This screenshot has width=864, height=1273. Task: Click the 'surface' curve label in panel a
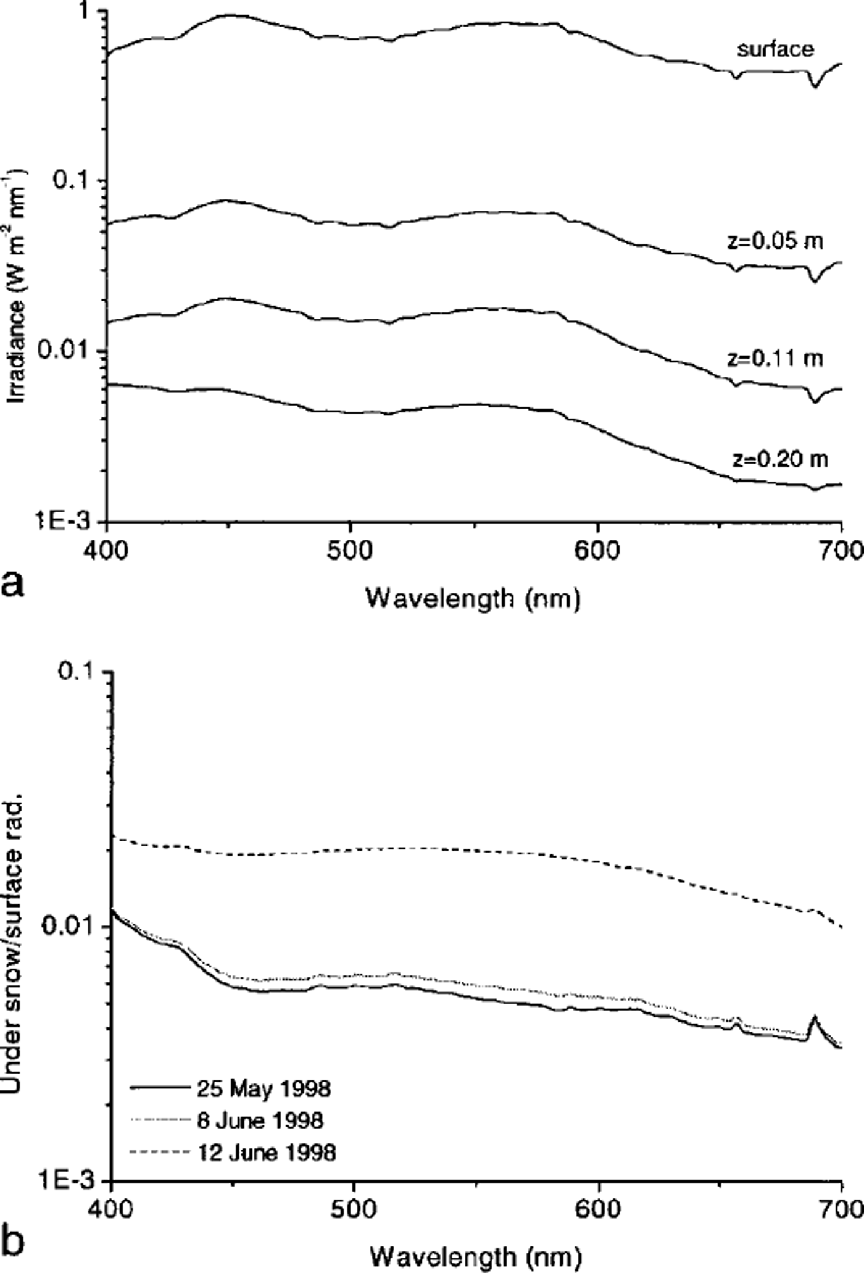pyautogui.click(x=775, y=49)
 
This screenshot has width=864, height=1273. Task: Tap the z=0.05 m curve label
pyautogui.click(x=775, y=241)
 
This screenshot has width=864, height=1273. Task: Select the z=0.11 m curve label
pyautogui.click(x=775, y=358)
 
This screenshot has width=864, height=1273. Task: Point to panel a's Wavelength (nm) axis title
pyautogui.click(x=473, y=598)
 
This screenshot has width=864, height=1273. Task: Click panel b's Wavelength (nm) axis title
pyautogui.click(x=475, y=1256)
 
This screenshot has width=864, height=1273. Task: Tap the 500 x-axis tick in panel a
pyautogui.click(x=351, y=549)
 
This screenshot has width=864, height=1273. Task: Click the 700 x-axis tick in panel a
pyautogui.click(x=843, y=549)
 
